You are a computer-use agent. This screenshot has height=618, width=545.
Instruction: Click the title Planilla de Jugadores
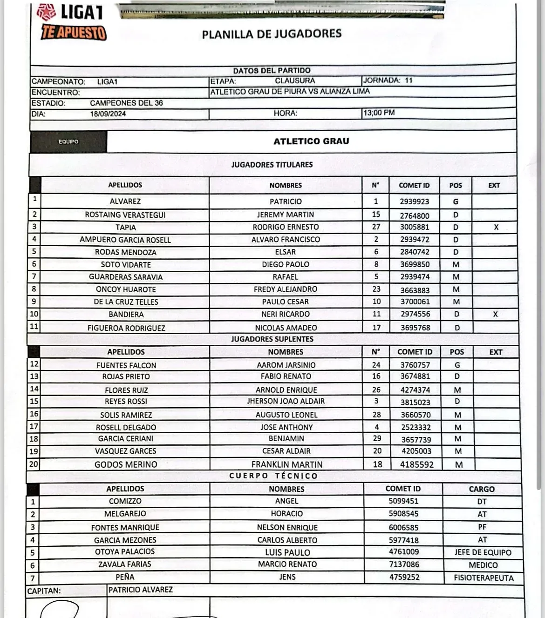[272, 34]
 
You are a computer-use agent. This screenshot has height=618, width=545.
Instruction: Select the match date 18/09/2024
[108, 114]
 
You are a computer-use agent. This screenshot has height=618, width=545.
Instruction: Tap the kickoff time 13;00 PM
[379, 113]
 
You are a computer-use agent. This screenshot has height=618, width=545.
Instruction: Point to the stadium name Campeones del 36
[126, 103]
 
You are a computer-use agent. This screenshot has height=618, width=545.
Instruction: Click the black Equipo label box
[68, 141]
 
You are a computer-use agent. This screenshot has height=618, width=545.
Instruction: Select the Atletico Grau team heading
[311, 141]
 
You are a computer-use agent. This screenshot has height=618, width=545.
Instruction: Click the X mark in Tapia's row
[496, 227]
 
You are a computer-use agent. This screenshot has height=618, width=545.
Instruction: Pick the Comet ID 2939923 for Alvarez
[415, 202]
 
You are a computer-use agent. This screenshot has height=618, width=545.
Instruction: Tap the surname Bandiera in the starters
[126, 315]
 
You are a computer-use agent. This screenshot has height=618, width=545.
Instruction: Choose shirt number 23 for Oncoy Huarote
[376, 289]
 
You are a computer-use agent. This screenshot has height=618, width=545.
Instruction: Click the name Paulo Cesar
[285, 302]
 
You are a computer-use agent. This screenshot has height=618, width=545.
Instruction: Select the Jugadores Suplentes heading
[272, 339]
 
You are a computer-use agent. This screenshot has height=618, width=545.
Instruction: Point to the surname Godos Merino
[126, 464]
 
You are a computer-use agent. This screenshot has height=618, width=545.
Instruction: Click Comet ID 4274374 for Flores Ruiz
[416, 390]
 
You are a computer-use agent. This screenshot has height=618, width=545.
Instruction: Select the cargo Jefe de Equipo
[483, 552]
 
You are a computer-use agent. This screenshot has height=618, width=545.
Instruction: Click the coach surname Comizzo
[125, 501]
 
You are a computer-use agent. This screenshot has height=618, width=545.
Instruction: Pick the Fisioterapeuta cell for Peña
[484, 578]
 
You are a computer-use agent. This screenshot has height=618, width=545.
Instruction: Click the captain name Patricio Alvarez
[141, 590]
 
